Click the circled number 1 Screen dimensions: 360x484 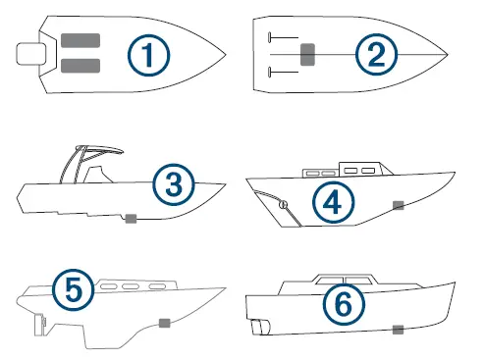[x=148, y=55]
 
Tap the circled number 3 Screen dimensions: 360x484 [x=174, y=181]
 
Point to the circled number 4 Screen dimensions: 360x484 [x=333, y=203]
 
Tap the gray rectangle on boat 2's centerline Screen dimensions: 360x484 [x=307, y=54]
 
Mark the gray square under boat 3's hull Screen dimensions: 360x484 [x=130, y=219]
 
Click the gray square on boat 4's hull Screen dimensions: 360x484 [x=399, y=205]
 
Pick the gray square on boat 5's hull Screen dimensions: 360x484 [x=164, y=322]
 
